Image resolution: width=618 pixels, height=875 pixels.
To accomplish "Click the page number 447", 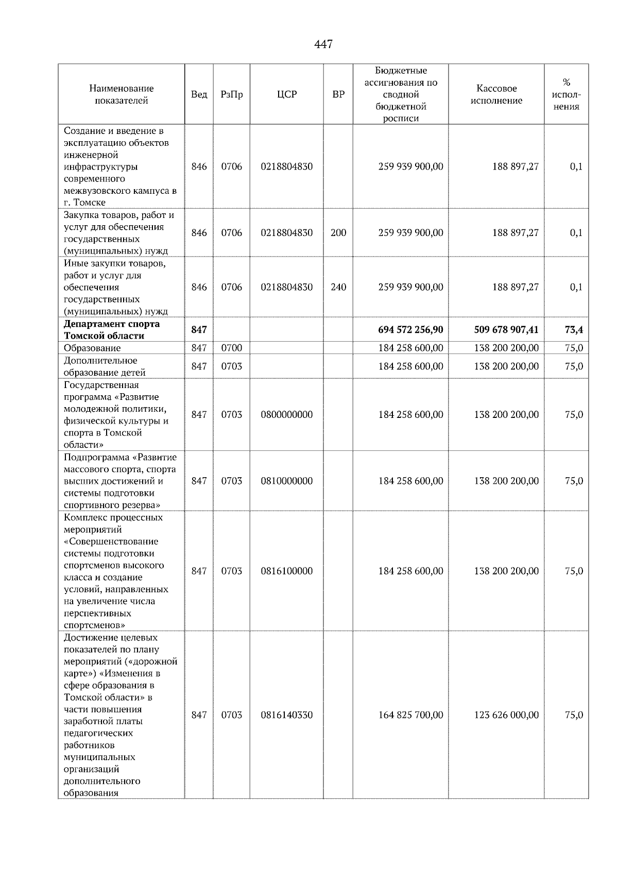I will point(323,44).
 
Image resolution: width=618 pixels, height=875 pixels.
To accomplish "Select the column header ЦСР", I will point(286,94).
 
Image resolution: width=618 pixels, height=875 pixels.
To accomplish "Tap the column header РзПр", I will point(231,94).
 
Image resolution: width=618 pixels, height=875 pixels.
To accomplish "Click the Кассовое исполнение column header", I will point(496,94).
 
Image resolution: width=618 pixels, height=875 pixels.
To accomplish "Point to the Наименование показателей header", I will point(121,94).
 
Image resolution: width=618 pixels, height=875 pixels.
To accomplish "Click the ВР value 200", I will point(338,232).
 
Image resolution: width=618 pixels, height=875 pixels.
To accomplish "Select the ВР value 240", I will point(338,287).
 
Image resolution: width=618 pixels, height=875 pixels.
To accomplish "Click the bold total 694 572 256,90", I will point(410,330).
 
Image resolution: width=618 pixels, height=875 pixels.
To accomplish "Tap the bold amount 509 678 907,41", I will point(506,330).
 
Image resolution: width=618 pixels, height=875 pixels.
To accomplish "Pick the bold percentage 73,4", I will point(574,330).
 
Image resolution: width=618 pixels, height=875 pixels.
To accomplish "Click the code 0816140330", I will point(286,715).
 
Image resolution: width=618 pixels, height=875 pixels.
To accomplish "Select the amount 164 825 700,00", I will point(410,715).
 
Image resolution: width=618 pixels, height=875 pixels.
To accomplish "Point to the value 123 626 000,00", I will point(506,715).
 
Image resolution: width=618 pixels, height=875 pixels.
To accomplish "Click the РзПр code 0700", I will point(231,348).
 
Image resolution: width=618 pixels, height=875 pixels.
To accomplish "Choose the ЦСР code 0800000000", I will point(286,414).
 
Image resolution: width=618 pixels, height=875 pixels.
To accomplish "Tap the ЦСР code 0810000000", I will point(286,481).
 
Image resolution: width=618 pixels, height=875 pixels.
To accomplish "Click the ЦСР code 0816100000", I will point(286,571).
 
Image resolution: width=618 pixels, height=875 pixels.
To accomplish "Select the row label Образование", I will point(92,348).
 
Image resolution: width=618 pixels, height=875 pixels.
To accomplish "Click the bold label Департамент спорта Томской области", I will point(112,330).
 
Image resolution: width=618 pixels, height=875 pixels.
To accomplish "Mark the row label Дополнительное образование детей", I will point(105,366).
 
